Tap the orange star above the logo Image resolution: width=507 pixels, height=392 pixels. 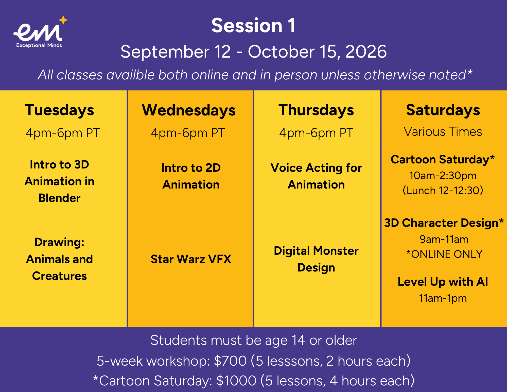pyautogui.click(x=63, y=20)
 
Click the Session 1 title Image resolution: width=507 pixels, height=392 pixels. pyautogui.click(x=253, y=25)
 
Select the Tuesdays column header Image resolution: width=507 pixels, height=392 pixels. pyautogui.click(x=60, y=110)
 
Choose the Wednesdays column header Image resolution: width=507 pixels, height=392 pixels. pyautogui.click(x=189, y=110)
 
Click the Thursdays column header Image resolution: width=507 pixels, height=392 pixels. pyautogui.click(x=316, y=110)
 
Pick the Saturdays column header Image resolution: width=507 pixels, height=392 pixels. pyautogui.click(x=443, y=110)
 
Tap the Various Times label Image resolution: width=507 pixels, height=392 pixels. pyautogui.click(x=443, y=132)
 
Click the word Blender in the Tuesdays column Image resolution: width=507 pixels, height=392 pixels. pyautogui.click(x=60, y=198)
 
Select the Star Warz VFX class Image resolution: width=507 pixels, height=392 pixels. pyautogui.click(x=191, y=259)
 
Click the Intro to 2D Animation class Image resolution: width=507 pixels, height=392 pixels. pyautogui.click(x=191, y=176)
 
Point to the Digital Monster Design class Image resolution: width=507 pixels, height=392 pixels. pyautogui.click(x=316, y=259)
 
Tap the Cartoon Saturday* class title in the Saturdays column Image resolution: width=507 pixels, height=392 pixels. pyautogui.click(x=443, y=159)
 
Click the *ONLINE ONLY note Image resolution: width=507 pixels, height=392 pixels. pyautogui.click(x=444, y=254)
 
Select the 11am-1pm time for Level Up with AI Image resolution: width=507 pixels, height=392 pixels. pyautogui.click(x=443, y=298)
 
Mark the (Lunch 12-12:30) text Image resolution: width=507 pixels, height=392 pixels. pyautogui.click(x=443, y=191)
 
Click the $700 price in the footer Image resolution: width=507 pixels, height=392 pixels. pyautogui.click(x=230, y=361)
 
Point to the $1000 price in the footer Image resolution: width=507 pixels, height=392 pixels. pyautogui.click(x=236, y=381)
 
